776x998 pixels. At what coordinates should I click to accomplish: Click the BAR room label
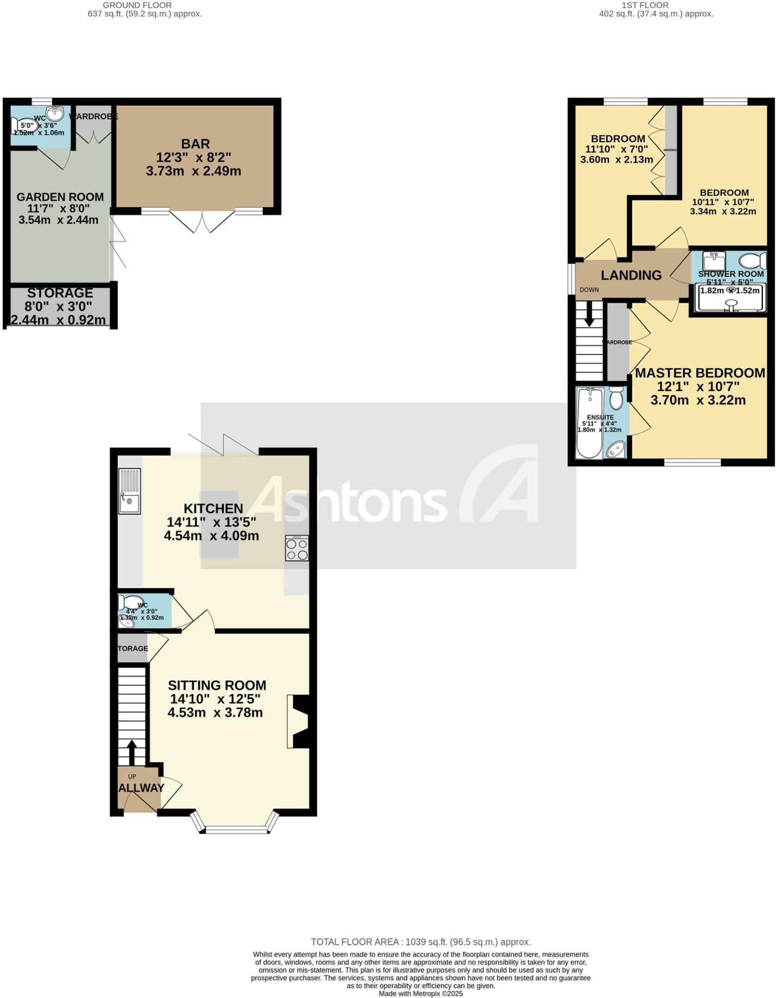tap(195, 144)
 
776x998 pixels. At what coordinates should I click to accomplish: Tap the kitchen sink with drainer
tap(130, 491)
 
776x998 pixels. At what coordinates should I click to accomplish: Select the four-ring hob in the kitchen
tap(297, 548)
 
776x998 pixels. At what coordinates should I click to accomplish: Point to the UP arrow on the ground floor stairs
tap(131, 753)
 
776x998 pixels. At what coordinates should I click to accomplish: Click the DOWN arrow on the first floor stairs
tap(589, 314)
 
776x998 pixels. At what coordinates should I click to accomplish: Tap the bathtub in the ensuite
tap(589, 423)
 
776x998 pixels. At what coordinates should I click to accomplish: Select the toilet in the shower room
tap(752, 261)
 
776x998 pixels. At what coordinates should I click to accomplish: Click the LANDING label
tap(631, 275)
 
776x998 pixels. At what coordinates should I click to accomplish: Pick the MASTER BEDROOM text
tap(700, 373)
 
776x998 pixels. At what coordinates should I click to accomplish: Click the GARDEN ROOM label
tap(60, 197)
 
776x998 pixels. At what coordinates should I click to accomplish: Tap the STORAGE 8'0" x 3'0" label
tap(60, 293)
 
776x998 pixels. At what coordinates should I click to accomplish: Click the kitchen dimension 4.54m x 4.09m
tap(212, 536)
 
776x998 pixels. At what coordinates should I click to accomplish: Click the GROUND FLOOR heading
tap(137, 5)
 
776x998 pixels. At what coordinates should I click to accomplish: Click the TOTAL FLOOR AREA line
tap(421, 942)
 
